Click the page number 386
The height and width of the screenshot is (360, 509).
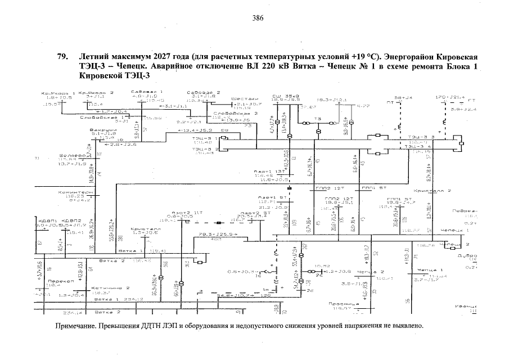pyautogui.click(x=258, y=18)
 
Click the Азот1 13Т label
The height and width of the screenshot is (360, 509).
pyautogui.click(x=263, y=171)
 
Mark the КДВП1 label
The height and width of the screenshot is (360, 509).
pyautogui.click(x=46, y=220)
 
